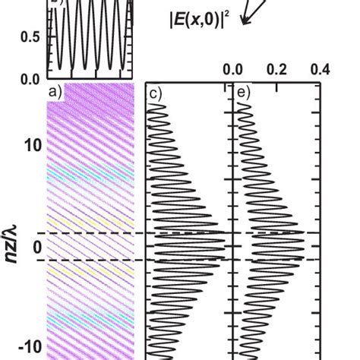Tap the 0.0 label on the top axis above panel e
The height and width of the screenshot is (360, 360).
[232, 70]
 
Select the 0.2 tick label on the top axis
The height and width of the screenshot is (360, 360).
[276, 70]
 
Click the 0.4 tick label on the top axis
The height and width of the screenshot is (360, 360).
[320, 70]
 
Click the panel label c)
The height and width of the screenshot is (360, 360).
[154, 94]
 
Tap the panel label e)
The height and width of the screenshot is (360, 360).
[242, 94]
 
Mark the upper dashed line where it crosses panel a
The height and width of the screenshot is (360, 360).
[91, 232]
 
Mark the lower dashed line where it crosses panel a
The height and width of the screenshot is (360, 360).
[91, 260]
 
